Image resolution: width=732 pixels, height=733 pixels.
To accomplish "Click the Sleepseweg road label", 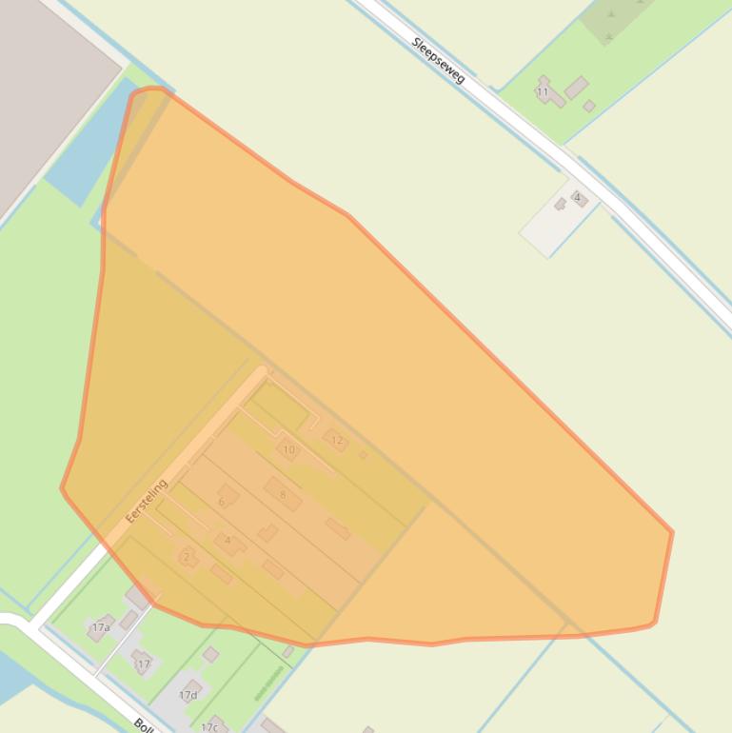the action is point(439,59).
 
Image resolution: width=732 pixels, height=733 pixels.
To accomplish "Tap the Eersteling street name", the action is point(146,501).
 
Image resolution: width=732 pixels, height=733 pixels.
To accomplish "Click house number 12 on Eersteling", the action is point(335,440).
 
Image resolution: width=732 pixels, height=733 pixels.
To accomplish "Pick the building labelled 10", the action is point(288,449).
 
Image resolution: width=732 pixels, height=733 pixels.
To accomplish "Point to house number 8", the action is point(283,494).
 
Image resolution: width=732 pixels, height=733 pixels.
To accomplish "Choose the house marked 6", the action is point(225,499).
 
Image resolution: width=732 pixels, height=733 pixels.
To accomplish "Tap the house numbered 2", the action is point(188,557).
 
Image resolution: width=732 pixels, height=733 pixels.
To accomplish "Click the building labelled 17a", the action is point(101,627).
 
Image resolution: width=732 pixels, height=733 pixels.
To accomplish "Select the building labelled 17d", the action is point(189,693).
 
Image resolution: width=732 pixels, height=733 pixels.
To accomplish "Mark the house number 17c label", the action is point(209,727).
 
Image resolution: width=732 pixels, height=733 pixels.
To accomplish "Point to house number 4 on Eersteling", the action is point(228,542).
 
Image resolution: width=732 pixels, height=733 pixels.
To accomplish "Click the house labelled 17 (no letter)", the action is point(143,663).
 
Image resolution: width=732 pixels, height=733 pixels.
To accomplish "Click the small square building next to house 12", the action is point(363,455).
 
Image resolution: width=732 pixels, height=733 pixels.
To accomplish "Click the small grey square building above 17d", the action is point(211,655).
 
